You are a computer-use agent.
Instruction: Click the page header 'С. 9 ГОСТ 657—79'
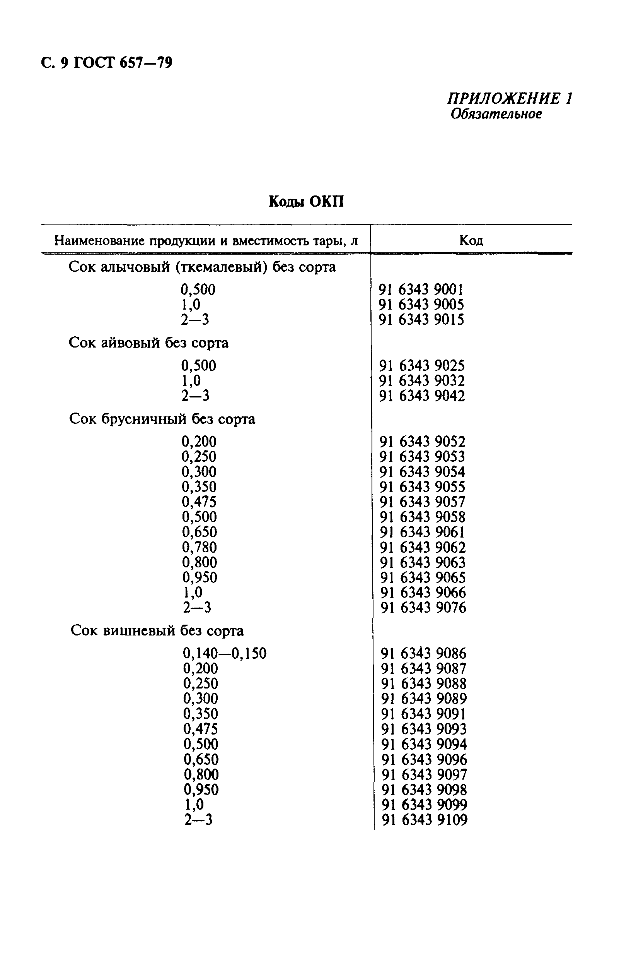tap(106, 63)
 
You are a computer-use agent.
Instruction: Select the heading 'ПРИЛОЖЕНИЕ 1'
tap(509, 99)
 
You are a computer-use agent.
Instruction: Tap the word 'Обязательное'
tap(496, 114)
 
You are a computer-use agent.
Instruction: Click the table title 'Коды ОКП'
tap(306, 201)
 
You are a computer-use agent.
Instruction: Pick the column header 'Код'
tap(471, 241)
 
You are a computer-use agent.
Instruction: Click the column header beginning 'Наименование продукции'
tap(206, 241)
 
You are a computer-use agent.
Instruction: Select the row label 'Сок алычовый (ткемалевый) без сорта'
tap(202, 267)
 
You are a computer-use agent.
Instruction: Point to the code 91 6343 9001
tap(421, 289)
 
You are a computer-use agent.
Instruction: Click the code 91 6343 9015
tap(421, 320)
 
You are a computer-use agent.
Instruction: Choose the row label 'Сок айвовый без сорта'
tap(148, 343)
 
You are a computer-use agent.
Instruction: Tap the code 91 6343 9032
tap(422, 380)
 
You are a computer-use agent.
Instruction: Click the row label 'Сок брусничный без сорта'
tap(162, 419)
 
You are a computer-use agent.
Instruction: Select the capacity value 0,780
tap(200, 547)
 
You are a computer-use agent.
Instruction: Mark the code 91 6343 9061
tap(423, 532)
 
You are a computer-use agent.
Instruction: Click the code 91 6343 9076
tap(423, 608)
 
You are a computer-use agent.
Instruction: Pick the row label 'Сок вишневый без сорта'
tap(157, 630)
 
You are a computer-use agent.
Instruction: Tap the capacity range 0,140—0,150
tap(225, 653)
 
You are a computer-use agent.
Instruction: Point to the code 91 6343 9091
tap(424, 714)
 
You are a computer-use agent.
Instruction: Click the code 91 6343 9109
tap(425, 820)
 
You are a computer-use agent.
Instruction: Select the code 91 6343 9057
tap(423, 502)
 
